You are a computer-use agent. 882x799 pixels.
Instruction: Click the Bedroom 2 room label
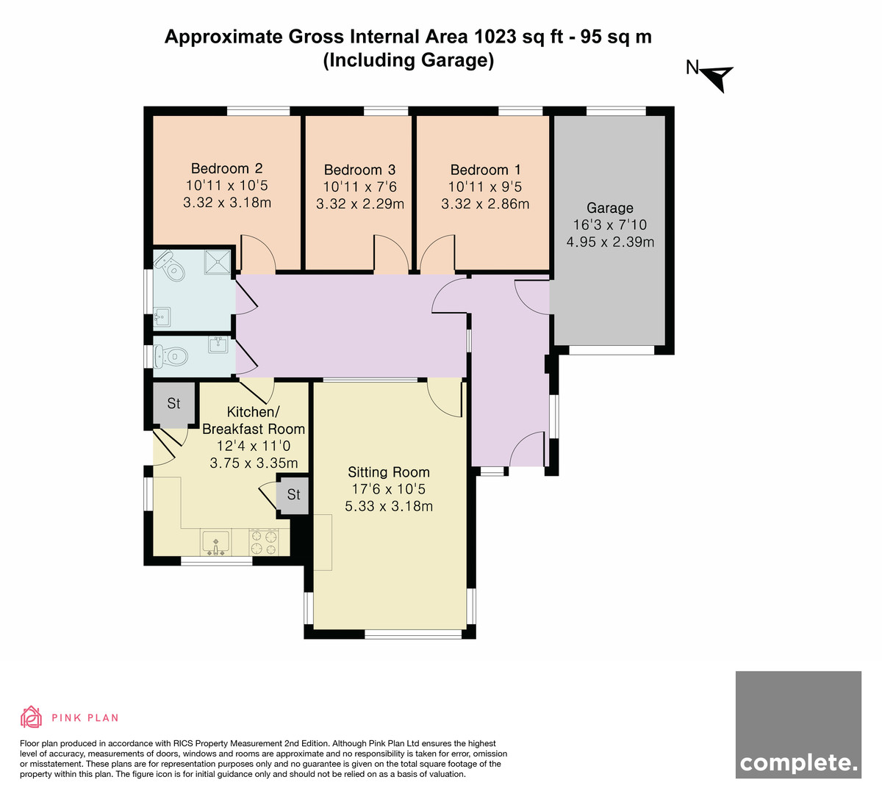coord(227,168)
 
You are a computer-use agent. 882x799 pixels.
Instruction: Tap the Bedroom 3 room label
coord(359,170)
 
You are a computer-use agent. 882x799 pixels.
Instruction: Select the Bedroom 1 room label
coord(485,170)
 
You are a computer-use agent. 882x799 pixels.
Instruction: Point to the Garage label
coord(610,208)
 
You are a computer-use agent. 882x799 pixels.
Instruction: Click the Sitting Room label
coord(389,472)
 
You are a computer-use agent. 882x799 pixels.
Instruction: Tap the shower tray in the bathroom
coord(218,262)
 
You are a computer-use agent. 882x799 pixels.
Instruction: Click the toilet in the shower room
coord(170,266)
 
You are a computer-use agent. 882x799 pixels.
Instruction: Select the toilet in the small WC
coord(171,356)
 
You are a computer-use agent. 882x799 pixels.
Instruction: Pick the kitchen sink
coord(215,541)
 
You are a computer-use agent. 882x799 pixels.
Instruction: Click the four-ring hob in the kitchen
coord(264,542)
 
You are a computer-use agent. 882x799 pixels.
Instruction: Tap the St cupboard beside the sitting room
coord(293,494)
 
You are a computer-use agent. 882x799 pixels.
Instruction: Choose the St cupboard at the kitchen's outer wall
coord(173,403)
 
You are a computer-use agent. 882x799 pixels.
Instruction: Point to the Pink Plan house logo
coord(31,717)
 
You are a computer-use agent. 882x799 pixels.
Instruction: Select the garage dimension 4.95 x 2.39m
coord(610,242)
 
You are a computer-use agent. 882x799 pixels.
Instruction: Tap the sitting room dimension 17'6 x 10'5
coord(389,489)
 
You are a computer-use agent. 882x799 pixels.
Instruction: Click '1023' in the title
coord(495,37)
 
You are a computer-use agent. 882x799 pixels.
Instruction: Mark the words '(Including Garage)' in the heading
coord(409,61)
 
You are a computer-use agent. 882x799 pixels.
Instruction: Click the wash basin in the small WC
coord(218,345)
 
